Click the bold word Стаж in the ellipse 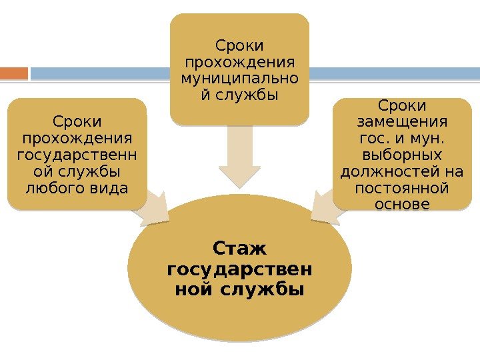tap(239, 249)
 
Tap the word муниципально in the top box tap(239, 79)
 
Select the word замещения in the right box tap(402, 123)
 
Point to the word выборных tap(402, 156)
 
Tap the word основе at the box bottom tap(402, 205)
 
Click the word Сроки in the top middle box tap(239, 46)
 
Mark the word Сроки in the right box tap(402, 107)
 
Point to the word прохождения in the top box tap(239, 63)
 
